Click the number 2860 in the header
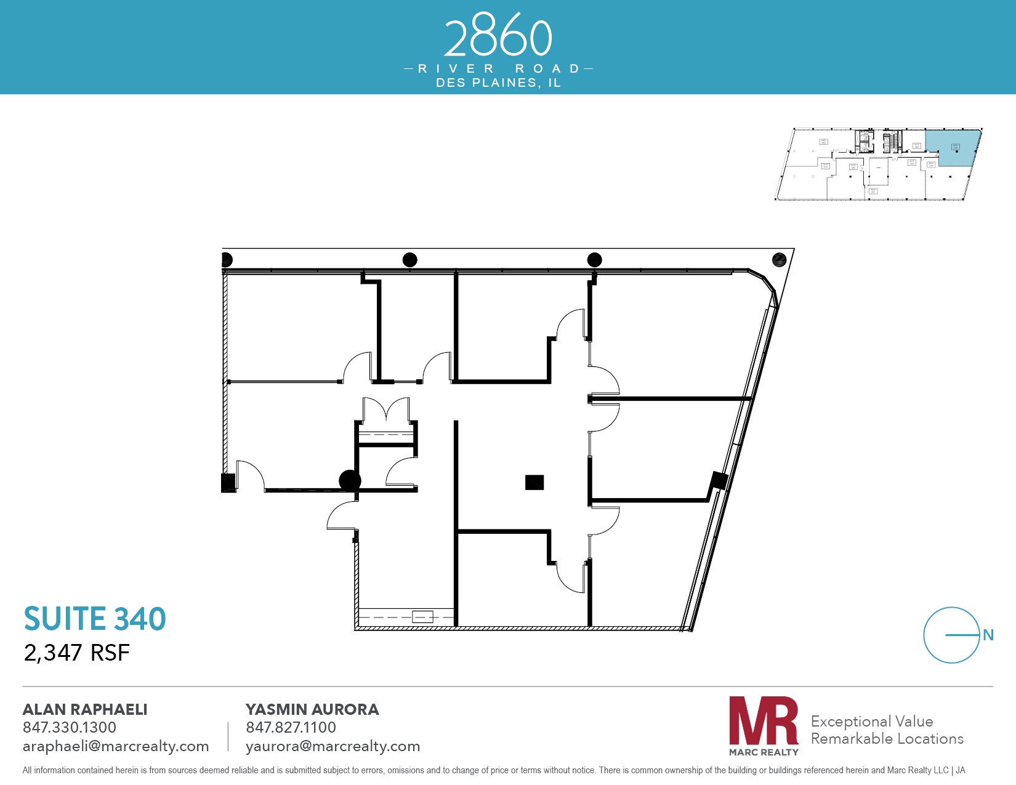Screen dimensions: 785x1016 (x=498, y=38)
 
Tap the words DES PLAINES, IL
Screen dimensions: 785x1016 (x=498, y=83)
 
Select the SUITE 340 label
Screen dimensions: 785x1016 (x=95, y=619)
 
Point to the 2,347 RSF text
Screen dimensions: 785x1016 (x=76, y=653)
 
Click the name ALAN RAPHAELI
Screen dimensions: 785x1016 (x=85, y=709)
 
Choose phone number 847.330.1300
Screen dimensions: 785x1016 (x=70, y=727)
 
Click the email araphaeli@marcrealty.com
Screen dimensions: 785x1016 (x=116, y=746)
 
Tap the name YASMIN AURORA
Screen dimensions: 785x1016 (x=312, y=709)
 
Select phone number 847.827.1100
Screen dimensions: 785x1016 (x=291, y=727)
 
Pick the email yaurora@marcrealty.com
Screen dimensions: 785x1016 (x=333, y=746)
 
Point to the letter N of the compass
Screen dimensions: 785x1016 (x=988, y=635)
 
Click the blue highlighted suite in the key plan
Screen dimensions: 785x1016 (x=951, y=148)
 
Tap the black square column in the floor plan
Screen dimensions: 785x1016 (x=534, y=482)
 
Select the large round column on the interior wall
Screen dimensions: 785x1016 (x=350, y=480)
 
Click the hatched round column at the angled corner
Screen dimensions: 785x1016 (x=779, y=259)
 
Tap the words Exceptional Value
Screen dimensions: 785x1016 (x=872, y=721)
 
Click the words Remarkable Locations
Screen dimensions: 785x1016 (x=887, y=738)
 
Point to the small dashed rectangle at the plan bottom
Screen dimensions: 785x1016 (x=422, y=616)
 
